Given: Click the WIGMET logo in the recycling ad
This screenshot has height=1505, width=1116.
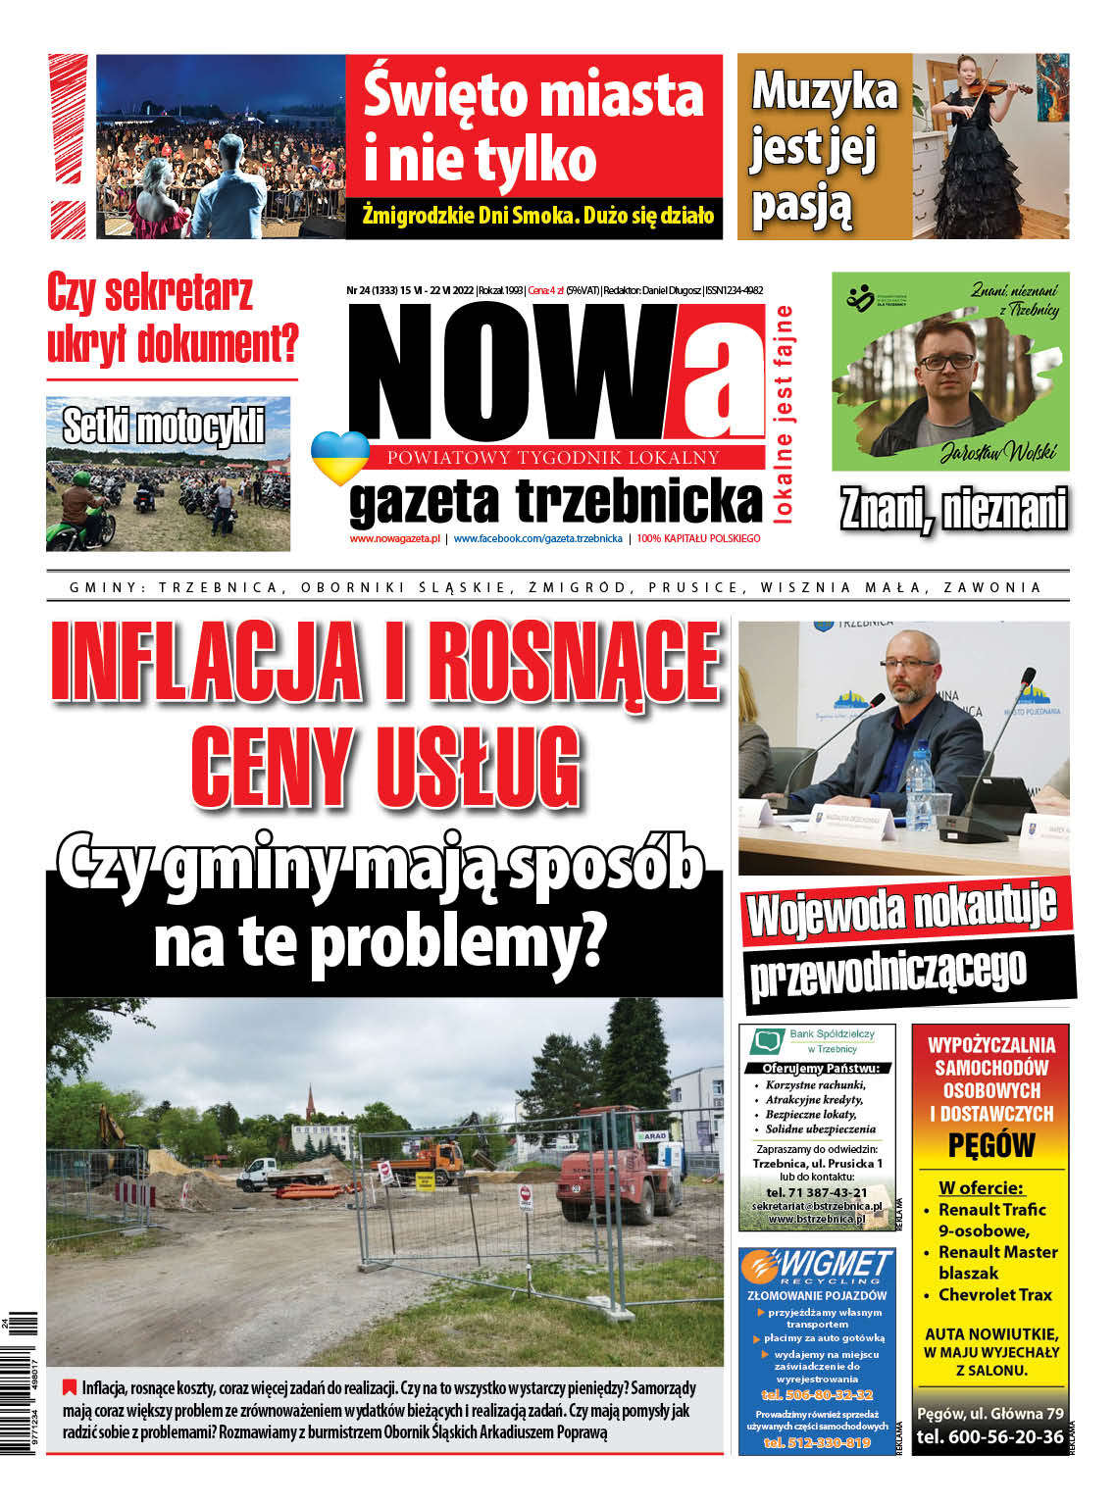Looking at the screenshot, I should (817, 1266).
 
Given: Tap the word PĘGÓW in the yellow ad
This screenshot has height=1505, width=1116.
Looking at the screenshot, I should (990, 1144).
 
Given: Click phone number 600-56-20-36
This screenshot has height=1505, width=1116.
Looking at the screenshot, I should (989, 1436).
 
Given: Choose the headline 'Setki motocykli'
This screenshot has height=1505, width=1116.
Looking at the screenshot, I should (164, 426).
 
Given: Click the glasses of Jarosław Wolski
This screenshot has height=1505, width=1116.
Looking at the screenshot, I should (945, 361).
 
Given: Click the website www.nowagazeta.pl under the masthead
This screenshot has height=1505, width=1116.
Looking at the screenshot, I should (394, 538).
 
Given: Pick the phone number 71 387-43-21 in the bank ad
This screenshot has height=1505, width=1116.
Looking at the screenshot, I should (817, 1191).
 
